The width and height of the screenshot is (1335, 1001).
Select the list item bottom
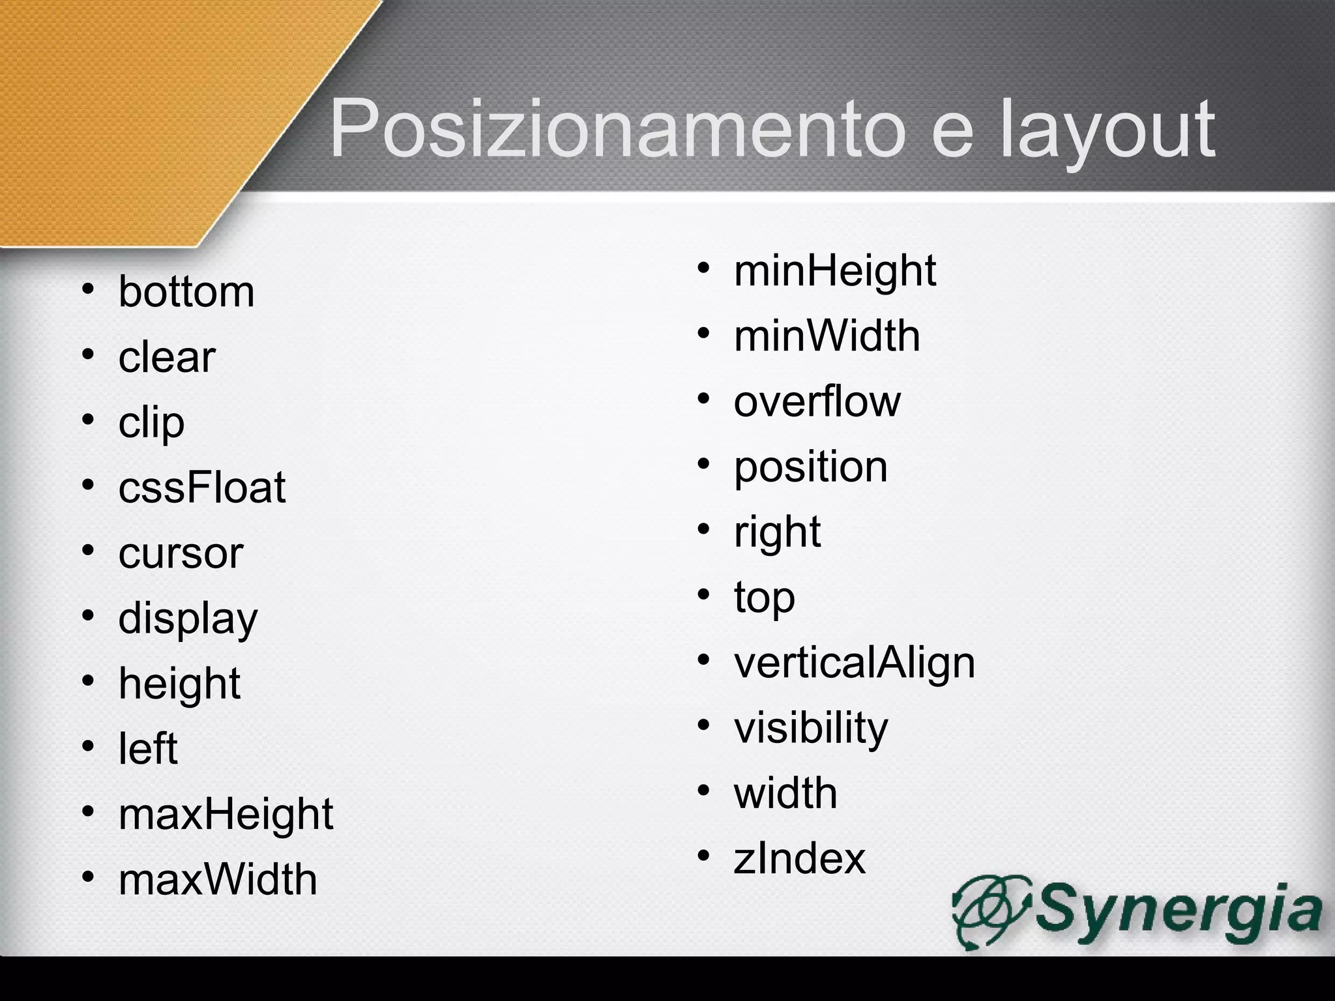pyautogui.click(x=186, y=291)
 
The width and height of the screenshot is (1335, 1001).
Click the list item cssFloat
pyautogui.click(x=202, y=487)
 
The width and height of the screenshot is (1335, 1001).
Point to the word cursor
pyautogui.click(x=181, y=553)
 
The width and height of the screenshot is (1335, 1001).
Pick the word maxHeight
pyautogui.click(x=226, y=814)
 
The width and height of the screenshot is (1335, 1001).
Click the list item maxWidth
pyautogui.click(x=218, y=879)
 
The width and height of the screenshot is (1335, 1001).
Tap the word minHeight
pyautogui.click(x=835, y=271)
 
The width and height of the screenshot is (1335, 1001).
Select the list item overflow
pyautogui.click(x=817, y=401)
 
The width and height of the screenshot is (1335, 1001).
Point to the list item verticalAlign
pyautogui.click(x=855, y=663)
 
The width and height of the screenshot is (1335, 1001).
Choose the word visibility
pyautogui.click(x=811, y=728)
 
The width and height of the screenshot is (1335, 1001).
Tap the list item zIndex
pyautogui.click(x=800, y=858)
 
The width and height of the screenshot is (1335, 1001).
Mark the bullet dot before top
pyautogui.click(x=703, y=595)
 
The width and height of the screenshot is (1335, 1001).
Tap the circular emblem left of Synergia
pyautogui.click(x=991, y=908)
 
